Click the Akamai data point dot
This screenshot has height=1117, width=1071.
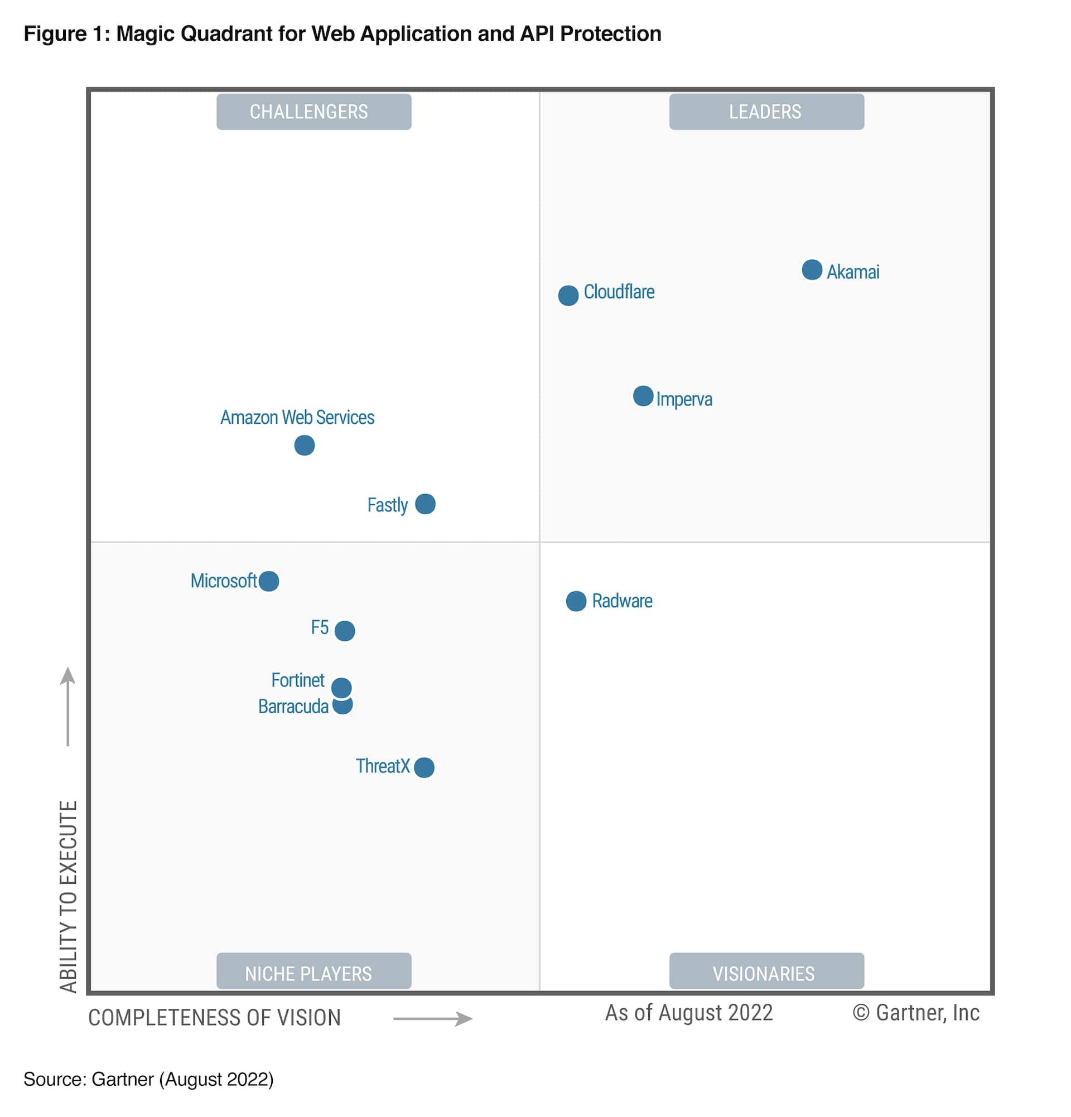point(812,269)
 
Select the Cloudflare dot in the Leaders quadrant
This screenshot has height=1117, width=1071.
point(568,295)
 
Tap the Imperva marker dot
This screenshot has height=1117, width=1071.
point(643,395)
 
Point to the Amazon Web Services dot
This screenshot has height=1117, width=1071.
point(305,445)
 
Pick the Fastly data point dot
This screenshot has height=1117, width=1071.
point(425,504)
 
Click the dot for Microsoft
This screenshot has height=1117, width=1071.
point(268,581)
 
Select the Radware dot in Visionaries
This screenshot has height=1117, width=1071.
point(576,601)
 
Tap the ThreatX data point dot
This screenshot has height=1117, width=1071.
point(424,767)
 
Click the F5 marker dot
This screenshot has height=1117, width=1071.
point(344,630)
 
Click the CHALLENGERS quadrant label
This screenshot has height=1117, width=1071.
point(313,112)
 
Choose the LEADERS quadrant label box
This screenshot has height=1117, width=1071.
point(766,112)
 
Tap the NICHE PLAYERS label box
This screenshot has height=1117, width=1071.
point(313,973)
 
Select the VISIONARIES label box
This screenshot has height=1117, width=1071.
point(766,973)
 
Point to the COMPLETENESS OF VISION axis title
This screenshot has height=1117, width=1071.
point(214,1017)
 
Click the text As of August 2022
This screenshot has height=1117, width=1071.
point(688,1013)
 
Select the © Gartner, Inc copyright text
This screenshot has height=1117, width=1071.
point(915,1013)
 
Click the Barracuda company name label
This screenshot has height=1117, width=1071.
point(293,706)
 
